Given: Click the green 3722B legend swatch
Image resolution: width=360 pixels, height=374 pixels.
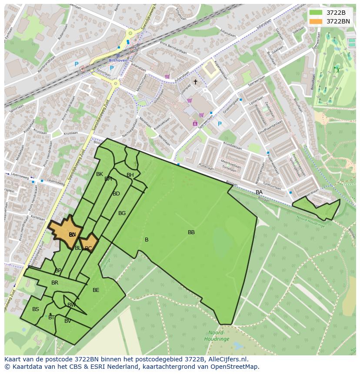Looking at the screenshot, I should (x=316, y=13).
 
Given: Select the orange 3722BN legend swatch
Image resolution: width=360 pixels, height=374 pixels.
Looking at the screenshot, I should (x=316, y=21).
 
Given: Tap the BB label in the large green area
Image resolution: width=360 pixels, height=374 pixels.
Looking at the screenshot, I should (x=191, y=232).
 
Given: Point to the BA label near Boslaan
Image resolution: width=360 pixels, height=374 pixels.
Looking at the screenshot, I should (x=259, y=192).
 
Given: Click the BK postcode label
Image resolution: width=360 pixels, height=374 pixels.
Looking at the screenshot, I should (x=100, y=174).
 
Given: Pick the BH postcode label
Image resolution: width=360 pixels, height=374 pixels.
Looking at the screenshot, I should (x=130, y=175).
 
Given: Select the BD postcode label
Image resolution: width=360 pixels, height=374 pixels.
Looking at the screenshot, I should (x=116, y=194).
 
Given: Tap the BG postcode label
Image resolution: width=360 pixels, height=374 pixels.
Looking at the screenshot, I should (x=122, y=213).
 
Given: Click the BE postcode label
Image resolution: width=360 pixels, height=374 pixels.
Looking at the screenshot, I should (x=96, y=290).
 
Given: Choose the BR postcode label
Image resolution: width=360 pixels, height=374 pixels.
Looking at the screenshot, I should (x=55, y=283).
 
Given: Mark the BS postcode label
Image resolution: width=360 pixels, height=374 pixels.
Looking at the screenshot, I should (x=36, y=309).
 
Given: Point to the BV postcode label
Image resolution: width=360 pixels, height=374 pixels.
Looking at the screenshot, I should (x=68, y=321).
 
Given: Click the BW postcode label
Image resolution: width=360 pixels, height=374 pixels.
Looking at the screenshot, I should (x=71, y=305).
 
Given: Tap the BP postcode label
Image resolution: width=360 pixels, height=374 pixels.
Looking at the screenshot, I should (x=58, y=271).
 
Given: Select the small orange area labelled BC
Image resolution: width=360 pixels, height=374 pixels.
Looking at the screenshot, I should (x=89, y=248).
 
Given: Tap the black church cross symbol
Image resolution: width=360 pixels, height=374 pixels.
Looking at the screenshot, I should (x=195, y=82).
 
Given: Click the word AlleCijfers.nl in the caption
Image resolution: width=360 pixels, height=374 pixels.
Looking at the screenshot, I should (x=227, y=359).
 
